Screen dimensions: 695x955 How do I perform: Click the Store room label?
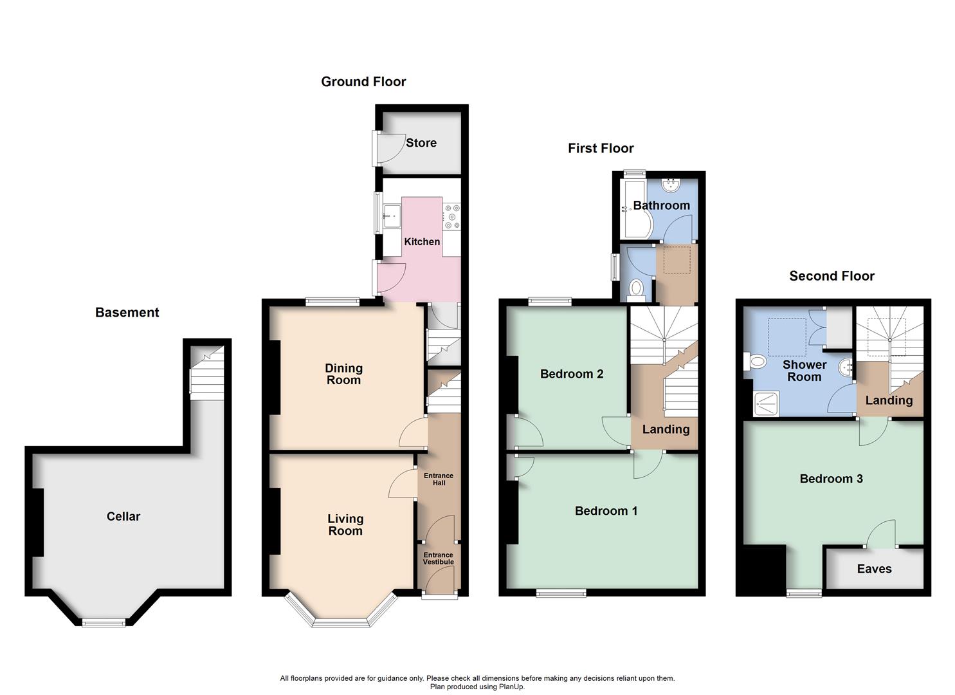pos(421,143)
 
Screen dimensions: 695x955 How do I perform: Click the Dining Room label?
pos(343,374)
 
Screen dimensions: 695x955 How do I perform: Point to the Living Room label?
pos(345,524)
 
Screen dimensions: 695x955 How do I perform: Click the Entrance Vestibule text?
pos(438,559)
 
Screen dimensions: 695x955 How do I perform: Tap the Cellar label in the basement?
pos(123,516)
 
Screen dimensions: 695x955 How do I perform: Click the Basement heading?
pos(127,312)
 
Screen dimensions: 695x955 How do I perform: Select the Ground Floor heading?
pos(363,82)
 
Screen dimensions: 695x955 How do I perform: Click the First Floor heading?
pos(601,149)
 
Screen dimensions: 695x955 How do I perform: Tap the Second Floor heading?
pos(832,276)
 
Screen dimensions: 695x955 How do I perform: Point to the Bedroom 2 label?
pos(571,374)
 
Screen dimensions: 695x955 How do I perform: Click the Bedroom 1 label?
pos(606,511)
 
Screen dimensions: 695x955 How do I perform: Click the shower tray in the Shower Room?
pos(766,402)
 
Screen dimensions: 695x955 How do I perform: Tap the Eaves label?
pos(874,569)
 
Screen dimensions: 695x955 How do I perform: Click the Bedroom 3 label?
pos(831,479)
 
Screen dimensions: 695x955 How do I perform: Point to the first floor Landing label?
pos(666,429)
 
